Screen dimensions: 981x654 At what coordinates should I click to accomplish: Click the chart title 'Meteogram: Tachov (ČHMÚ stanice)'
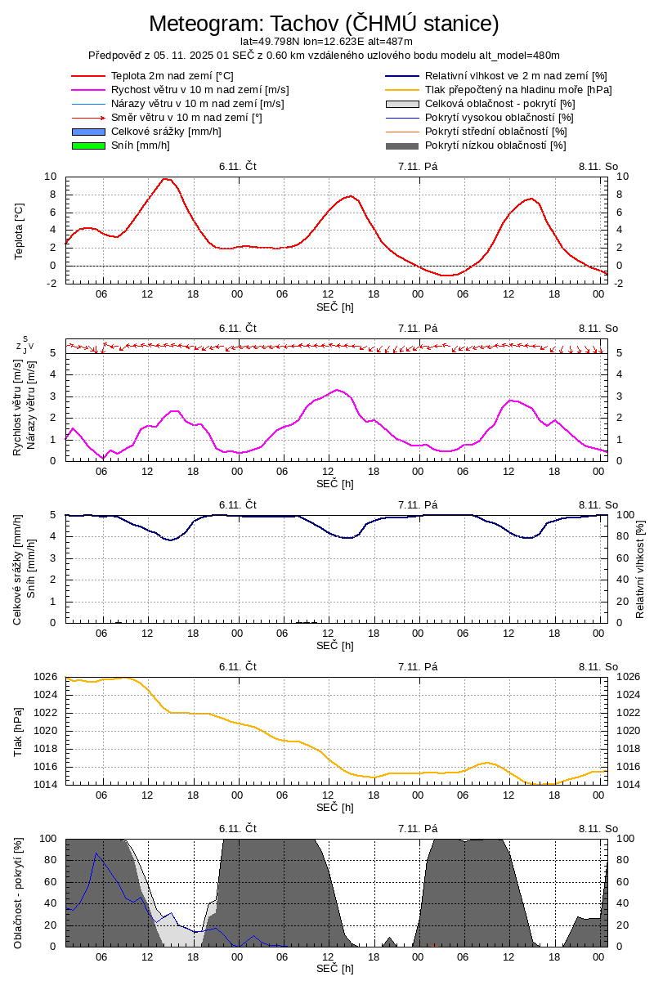pyautogui.click(x=324, y=24)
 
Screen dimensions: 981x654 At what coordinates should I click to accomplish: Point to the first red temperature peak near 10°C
pyautogui.click(x=165, y=178)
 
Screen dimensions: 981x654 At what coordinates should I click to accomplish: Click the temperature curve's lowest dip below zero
pyautogui.click(x=446, y=275)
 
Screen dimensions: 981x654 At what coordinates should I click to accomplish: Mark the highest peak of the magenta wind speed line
pyautogui.click(x=337, y=389)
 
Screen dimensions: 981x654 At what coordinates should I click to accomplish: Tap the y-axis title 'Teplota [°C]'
pyautogui.click(x=20, y=232)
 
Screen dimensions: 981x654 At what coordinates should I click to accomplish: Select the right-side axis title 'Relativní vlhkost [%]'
pyautogui.click(x=640, y=568)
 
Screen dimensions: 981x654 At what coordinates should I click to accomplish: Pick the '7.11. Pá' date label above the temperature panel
pyautogui.click(x=418, y=166)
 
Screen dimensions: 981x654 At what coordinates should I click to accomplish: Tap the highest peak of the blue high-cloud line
pyautogui.click(x=96, y=853)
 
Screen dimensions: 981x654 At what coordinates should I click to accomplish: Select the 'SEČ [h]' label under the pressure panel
pyautogui.click(x=335, y=808)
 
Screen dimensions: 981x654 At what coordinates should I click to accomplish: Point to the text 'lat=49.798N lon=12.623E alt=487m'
pyautogui.click(x=326, y=41)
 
